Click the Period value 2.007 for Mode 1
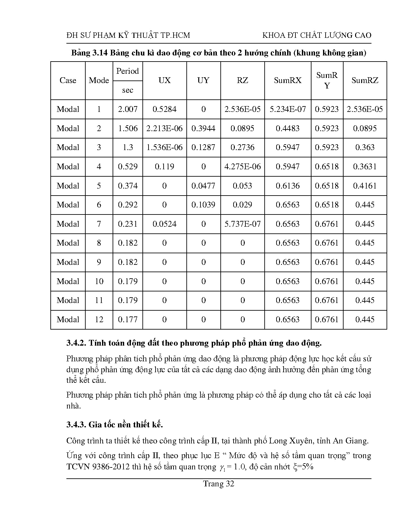[128, 109]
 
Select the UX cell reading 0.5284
[164, 109]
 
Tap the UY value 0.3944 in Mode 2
[203, 129]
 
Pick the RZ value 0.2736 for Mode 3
[242, 147]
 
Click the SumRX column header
[287, 80]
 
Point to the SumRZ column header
[365, 80]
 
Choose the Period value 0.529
[128, 167]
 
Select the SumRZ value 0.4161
[365, 186]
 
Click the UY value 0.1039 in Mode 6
[203, 205]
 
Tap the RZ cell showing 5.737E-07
[242, 224]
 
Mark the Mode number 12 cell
[99, 320]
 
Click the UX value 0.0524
[164, 224]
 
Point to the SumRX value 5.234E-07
[287, 109]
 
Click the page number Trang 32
[218, 484]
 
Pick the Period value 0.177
[128, 320]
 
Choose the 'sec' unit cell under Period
[128, 90]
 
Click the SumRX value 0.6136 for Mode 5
[287, 186]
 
